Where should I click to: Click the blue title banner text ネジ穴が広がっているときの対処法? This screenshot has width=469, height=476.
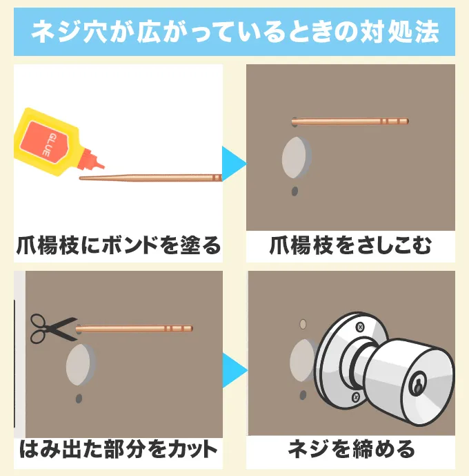234,32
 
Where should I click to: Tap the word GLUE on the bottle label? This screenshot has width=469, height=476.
49,144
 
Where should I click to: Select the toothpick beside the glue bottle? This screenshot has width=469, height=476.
150,178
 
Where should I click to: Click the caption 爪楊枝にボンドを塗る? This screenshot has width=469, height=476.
119,245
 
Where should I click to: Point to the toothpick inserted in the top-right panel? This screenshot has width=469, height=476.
350,122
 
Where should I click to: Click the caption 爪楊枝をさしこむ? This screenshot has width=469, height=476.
350,245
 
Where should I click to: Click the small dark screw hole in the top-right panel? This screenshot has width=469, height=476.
295,191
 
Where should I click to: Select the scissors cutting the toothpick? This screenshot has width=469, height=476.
53,329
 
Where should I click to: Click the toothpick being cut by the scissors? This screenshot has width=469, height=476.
134,328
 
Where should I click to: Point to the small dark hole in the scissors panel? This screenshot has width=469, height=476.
79,399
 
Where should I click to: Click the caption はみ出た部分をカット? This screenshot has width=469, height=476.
119,450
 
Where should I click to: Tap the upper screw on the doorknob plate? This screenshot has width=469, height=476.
360,327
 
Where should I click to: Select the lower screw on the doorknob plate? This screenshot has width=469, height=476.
356,397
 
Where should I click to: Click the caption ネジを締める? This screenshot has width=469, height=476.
351,450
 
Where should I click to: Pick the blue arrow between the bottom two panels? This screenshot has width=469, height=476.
235,370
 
